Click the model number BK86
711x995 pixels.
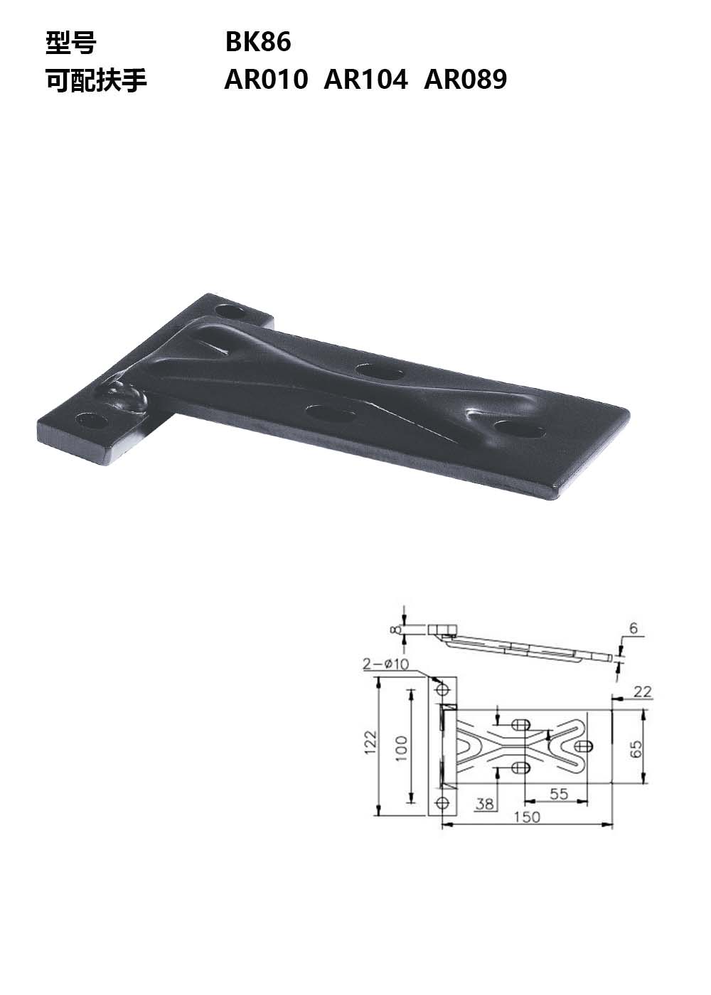click(x=258, y=42)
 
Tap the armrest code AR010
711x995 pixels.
click(x=266, y=80)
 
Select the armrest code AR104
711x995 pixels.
click(x=365, y=80)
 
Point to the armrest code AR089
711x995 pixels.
click(x=465, y=80)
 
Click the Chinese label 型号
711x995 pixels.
click(x=71, y=43)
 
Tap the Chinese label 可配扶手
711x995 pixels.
click(x=97, y=80)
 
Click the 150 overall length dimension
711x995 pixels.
click(x=527, y=817)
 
